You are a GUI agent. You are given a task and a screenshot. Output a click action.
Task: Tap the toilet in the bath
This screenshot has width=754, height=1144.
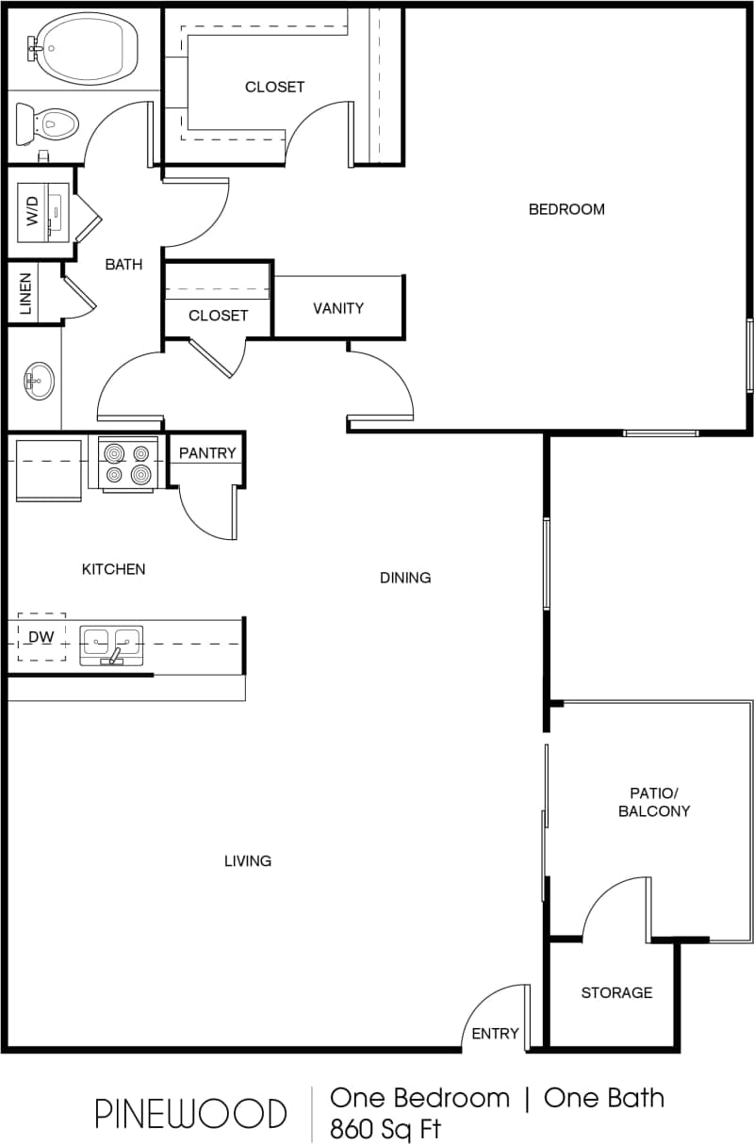52,123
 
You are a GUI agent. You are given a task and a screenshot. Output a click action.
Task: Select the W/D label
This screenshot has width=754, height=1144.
33,211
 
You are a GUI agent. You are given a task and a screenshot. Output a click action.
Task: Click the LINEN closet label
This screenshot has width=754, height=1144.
25,293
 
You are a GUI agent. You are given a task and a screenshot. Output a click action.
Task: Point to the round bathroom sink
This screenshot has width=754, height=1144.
39,381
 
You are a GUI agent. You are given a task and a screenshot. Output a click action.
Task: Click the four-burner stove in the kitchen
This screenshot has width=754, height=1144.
127,463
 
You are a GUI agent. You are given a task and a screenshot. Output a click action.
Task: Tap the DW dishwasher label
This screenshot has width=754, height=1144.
41,638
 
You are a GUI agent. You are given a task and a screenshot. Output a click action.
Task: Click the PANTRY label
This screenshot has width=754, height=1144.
207,453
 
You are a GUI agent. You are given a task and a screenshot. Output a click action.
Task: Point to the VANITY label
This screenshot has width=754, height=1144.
338,308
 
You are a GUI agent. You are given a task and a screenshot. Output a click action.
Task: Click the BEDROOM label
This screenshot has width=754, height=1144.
566,209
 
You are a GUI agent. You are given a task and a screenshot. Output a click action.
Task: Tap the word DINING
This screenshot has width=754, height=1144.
405,578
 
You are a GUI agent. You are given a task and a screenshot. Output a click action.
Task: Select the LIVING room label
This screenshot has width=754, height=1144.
248,860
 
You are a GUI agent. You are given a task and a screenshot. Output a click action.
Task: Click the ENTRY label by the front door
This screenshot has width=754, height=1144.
495,1033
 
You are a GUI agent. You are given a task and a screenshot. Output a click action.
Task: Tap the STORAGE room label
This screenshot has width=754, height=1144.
616,992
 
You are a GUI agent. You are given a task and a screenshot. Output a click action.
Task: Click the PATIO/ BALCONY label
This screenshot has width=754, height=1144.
654,802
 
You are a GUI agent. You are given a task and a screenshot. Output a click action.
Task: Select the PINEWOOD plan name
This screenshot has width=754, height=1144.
190,1114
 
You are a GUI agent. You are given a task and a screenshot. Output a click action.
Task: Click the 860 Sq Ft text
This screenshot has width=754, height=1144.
385,1128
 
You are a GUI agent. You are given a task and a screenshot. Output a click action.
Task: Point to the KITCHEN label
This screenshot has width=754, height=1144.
113,569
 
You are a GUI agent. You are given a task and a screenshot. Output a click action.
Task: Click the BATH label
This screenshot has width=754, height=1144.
123,265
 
